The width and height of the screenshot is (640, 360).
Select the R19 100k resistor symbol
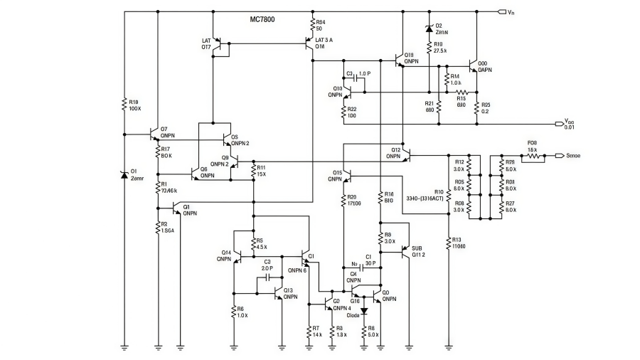pyautogui.click(x=124, y=105)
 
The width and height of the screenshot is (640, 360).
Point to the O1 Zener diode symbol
pyautogui.click(x=124, y=175)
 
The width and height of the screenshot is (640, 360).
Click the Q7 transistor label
pyautogui.click(x=167, y=131)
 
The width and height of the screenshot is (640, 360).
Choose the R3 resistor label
pyautogui.click(x=166, y=227)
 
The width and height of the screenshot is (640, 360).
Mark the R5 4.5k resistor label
pyautogui.click(x=261, y=243)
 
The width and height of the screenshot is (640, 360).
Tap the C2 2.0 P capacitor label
pyautogui.click(x=267, y=265)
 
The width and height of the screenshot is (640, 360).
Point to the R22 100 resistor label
pyautogui.click(x=352, y=112)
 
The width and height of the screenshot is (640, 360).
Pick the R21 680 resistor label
pyautogui.click(x=430, y=107)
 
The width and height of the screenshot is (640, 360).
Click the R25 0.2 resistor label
pyautogui.click(x=486, y=108)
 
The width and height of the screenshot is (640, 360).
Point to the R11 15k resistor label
pyautogui.click(x=261, y=171)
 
